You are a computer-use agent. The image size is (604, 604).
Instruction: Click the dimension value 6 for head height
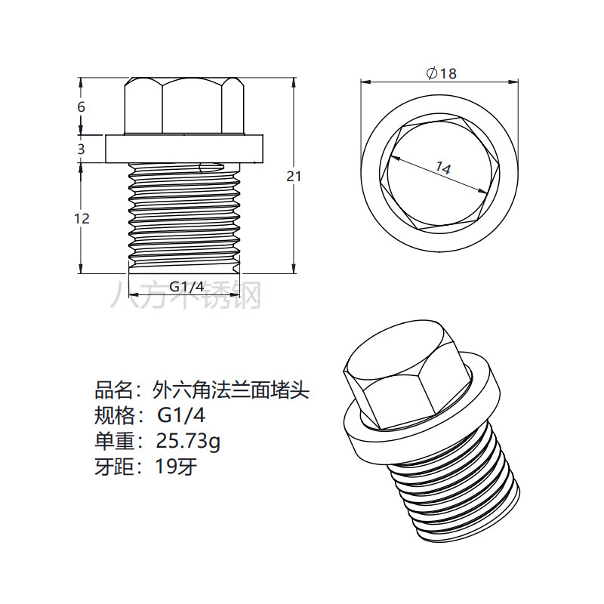tap(82, 107)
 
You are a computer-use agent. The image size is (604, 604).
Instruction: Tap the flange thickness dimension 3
tap(82, 149)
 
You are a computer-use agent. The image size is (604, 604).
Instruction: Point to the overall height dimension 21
tap(294, 176)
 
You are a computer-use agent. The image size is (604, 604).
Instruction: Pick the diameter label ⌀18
tap(442, 73)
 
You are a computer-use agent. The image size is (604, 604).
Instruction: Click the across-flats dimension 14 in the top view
tap(442, 169)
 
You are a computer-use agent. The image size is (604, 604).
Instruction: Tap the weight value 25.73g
tap(189, 440)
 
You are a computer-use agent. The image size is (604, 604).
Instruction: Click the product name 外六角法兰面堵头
tap(230, 390)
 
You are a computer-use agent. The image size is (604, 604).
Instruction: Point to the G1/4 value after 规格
tap(181, 415)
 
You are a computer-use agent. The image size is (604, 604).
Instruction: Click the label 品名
tap(112, 390)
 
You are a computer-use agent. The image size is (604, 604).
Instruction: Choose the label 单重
tap(112, 440)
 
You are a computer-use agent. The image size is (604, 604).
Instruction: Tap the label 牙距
tap(112, 466)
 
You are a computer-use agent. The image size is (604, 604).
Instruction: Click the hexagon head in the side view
tap(184, 106)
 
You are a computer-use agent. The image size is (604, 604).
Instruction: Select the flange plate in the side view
tap(184, 148)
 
